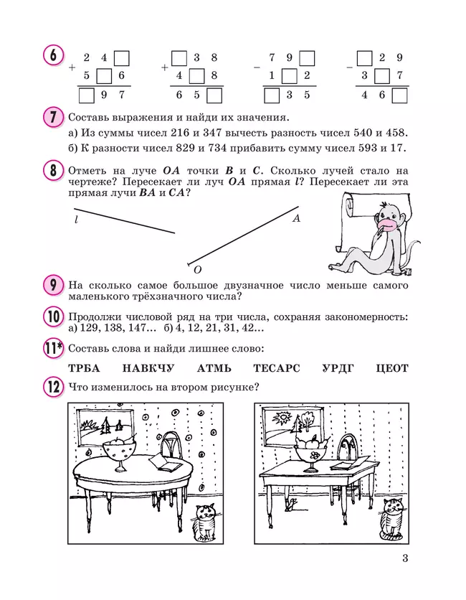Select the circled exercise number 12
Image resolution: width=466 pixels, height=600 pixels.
(x=52, y=388)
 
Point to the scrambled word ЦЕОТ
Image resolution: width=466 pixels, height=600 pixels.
(x=391, y=368)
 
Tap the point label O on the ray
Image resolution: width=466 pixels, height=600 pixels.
(x=197, y=269)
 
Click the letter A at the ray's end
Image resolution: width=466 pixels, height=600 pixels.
(x=296, y=219)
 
